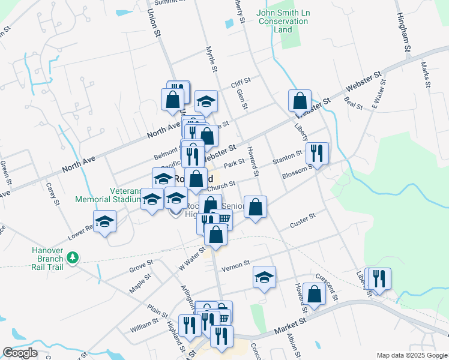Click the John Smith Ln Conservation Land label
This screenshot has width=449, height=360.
(282, 21)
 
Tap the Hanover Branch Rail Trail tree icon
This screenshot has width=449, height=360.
(73, 258)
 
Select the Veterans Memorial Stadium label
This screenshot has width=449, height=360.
(108, 195)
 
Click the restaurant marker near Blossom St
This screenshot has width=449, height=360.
(317, 154)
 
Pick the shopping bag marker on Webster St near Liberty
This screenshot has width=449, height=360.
(300, 101)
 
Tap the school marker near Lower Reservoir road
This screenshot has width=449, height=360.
(105, 221)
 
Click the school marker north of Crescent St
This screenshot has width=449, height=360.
(264, 277)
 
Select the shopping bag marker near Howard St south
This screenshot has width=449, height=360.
(314, 294)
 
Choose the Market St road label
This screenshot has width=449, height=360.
(291, 328)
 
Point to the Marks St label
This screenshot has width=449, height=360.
(426, 74)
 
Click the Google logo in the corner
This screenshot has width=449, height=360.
(20, 353)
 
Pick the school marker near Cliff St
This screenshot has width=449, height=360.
(206, 101)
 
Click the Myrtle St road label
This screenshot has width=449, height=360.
(210, 58)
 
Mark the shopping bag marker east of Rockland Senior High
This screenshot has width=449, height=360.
(255, 207)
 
